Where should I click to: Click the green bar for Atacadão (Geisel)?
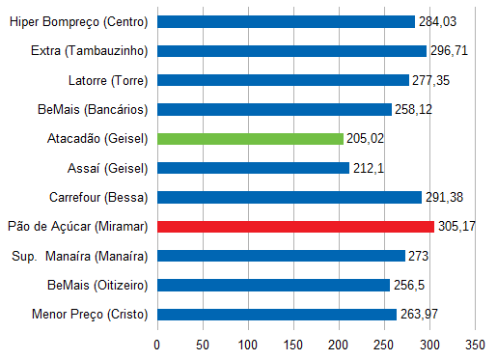point(250,138)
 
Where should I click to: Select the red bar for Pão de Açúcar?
point(295,226)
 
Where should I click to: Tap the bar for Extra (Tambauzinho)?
point(291,50)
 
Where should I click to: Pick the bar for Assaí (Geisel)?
point(253,168)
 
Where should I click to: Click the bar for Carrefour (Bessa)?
point(290,197)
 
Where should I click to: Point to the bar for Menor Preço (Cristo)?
point(277,314)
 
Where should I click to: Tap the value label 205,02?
point(365,139)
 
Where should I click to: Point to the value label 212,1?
point(368,168)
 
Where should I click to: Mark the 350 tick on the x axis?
point(475,343)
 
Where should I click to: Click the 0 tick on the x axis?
point(157,343)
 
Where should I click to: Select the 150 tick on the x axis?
point(293,343)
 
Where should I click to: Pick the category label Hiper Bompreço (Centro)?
point(78,21)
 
